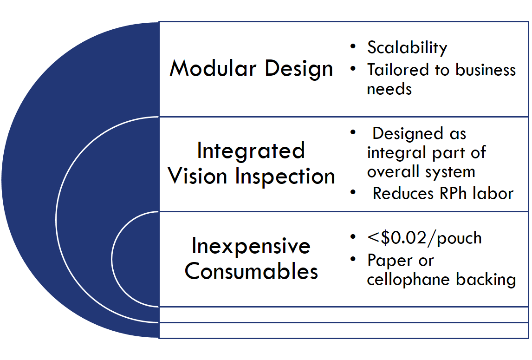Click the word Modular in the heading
213,68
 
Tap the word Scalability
407,47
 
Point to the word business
486,70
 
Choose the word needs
389,89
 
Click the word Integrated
251,151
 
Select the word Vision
197,176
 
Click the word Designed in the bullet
408,134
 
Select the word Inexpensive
251,247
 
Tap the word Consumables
251,271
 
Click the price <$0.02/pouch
424,238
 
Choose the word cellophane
408,280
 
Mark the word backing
486,280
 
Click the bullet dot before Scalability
353,46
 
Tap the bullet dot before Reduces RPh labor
353,193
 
